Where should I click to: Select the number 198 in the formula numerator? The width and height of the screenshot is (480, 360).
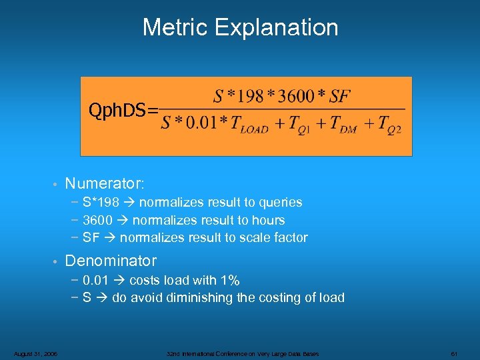click(x=251, y=97)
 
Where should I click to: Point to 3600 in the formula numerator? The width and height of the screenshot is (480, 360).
click(x=296, y=97)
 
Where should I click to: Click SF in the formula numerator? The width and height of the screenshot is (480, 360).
click(x=339, y=97)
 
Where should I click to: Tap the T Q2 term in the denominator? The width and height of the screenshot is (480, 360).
click(x=389, y=125)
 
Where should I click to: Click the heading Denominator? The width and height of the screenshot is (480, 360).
click(x=111, y=261)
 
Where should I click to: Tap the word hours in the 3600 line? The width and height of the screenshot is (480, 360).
click(x=267, y=221)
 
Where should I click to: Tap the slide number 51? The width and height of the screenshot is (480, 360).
click(x=453, y=353)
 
